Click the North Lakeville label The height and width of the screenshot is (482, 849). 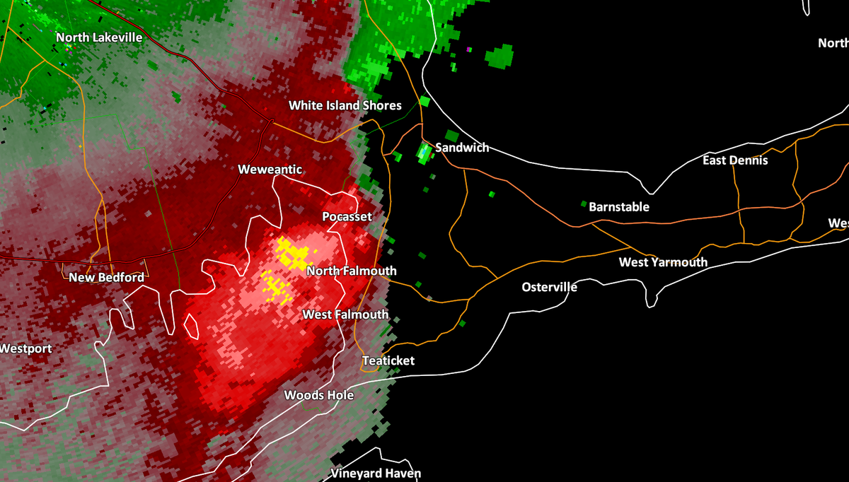(99, 37)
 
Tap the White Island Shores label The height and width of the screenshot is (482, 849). (345, 105)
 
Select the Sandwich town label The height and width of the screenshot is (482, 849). (462, 148)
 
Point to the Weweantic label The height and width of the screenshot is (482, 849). (270, 170)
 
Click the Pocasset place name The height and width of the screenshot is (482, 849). (347, 216)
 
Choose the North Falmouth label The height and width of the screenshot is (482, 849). (352, 271)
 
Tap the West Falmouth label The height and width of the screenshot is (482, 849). (345, 315)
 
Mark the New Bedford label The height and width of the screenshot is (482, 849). (106, 278)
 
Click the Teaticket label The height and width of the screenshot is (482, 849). (388, 361)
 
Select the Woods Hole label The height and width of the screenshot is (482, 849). (318, 395)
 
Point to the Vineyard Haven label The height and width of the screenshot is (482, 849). (376, 474)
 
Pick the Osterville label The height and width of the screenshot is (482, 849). (550, 287)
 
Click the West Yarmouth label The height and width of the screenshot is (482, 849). (663, 262)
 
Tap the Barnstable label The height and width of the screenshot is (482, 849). (619, 207)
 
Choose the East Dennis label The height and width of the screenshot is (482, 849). (735, 160)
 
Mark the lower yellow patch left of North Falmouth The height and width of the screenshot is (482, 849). (275, 286)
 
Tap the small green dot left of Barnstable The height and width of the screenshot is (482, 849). (584, 204)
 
